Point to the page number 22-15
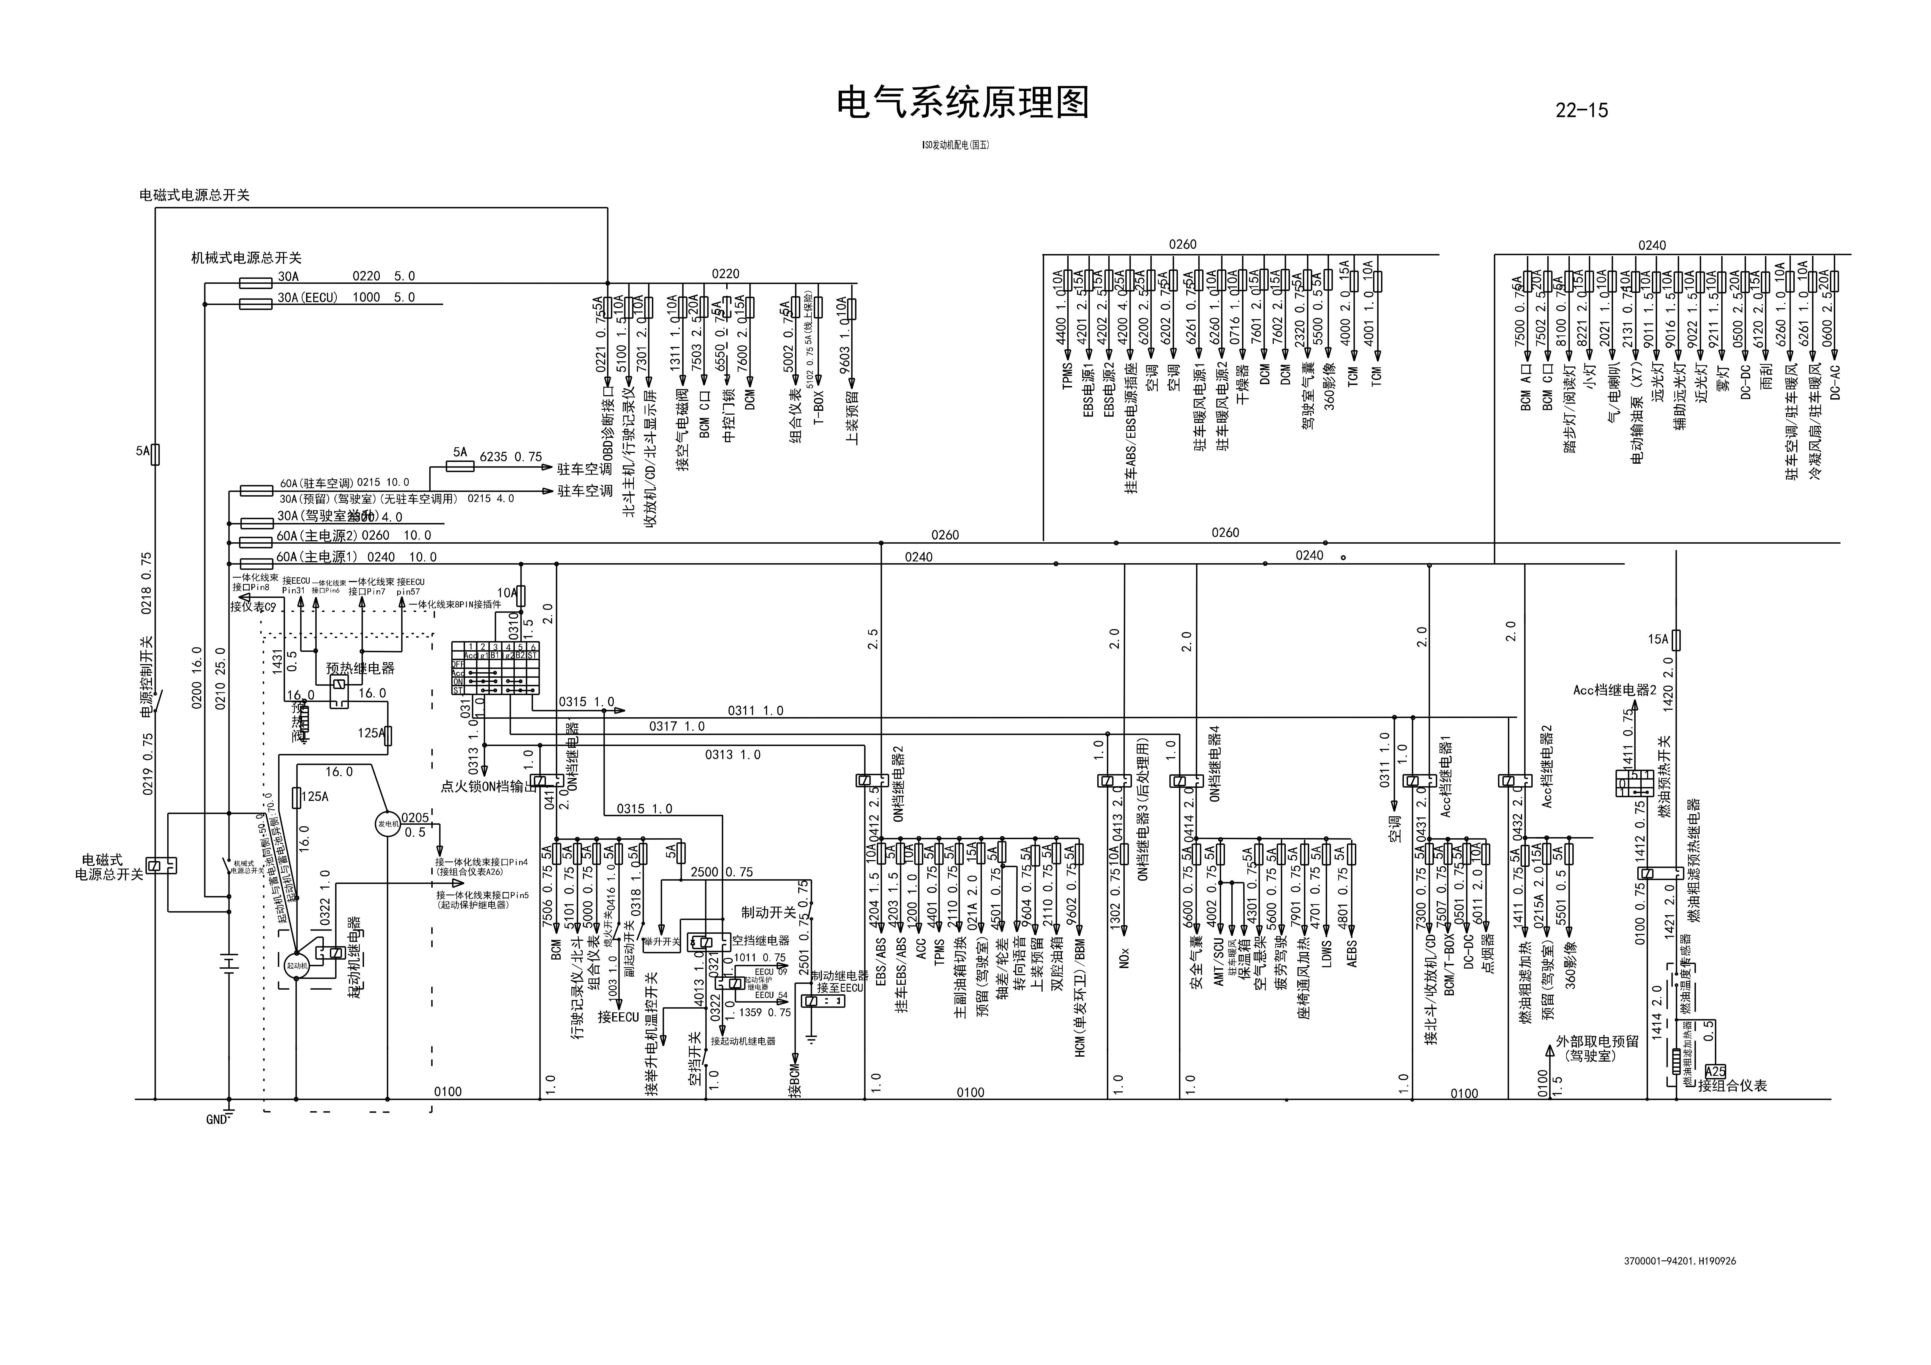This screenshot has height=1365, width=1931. point(1581,110)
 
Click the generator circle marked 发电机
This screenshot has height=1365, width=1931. point(388,823)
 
